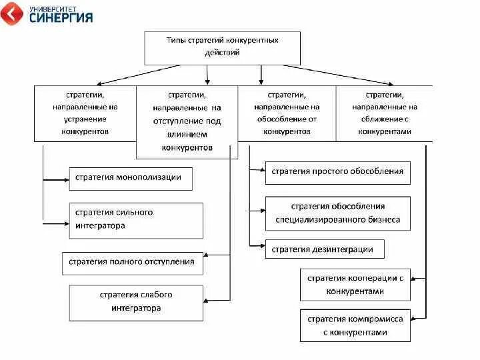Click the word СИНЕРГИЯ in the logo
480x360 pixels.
(61, 18)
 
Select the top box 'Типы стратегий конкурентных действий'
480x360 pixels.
(222, 46)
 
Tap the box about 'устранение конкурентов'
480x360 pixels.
(85, 113)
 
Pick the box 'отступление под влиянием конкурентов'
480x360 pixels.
(187, 121)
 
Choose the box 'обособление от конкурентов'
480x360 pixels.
(287, 113)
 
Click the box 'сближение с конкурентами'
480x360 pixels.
(384, 113)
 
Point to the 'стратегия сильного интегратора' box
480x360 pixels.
(136, 220)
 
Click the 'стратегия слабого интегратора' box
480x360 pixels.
(136, 303)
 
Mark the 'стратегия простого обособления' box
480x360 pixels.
(337, 172)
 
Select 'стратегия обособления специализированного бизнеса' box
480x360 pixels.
(337, 213)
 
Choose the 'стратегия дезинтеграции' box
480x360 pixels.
(325, 250)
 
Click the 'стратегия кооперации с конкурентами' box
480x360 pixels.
(355, 285)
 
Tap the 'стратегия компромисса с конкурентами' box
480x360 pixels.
(355, 325)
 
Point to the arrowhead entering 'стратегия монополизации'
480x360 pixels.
(65, 179)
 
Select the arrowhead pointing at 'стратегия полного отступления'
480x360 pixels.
(206, 255)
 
